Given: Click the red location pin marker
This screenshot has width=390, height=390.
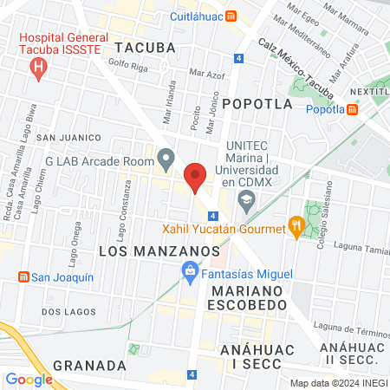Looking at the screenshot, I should pos(196,177).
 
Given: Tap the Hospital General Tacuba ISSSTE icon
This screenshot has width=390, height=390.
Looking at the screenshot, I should pos(37,72).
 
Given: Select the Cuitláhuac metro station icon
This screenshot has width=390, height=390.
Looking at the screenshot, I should pos(230,16).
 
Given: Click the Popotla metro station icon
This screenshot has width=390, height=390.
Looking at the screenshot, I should pos(352,109).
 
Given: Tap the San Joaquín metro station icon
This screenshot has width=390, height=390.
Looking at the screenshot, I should pos(23,277).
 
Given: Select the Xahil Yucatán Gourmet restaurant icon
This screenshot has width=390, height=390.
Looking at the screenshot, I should pos(297,229).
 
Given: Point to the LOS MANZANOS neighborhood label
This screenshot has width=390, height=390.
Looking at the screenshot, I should pos(159,250).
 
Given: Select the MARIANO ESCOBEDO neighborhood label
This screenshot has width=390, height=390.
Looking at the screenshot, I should pos(248,297).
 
